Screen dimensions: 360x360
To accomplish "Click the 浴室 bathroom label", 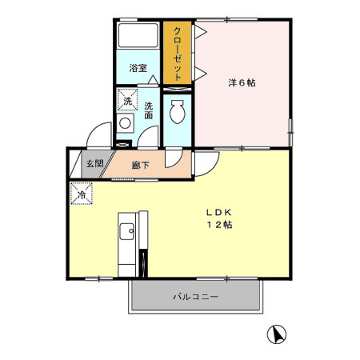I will point(138,68).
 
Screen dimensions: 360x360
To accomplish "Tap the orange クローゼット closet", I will point(177,53).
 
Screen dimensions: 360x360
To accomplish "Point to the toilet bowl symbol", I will point(178,114).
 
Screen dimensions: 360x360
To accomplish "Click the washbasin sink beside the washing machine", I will point(125,125).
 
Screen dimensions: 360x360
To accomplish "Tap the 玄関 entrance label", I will point(94,164).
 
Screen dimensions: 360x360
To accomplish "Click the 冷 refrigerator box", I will point(81,194).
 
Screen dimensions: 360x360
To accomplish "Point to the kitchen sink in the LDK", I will point(126,233).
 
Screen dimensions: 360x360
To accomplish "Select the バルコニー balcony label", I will point(196,298).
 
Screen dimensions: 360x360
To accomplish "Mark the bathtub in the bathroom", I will point(138,36).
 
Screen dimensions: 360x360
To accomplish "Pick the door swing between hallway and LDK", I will point(205,162).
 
